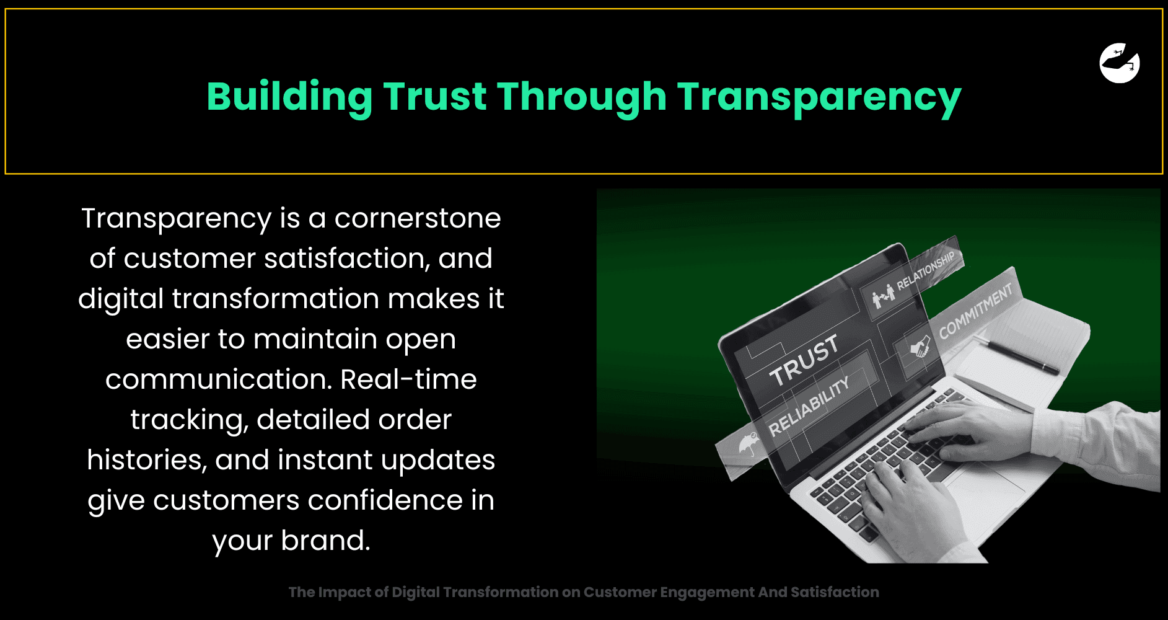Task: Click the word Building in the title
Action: tap(289, 98)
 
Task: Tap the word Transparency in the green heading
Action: tap(819, 98)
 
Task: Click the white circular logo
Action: tap(1120, 63)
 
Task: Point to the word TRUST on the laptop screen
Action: tap(804, 360)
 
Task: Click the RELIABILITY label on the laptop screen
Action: tap(809, 407)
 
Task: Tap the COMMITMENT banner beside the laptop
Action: tap(975, 311)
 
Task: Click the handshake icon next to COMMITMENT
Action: tap(920, 347)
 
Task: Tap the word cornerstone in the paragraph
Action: tap(418, 218)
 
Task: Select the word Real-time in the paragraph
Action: tap(408, 379)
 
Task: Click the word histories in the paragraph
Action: tap(147, 460)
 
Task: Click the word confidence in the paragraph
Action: tap(385, 500)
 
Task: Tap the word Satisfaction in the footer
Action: tap(835, 592)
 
